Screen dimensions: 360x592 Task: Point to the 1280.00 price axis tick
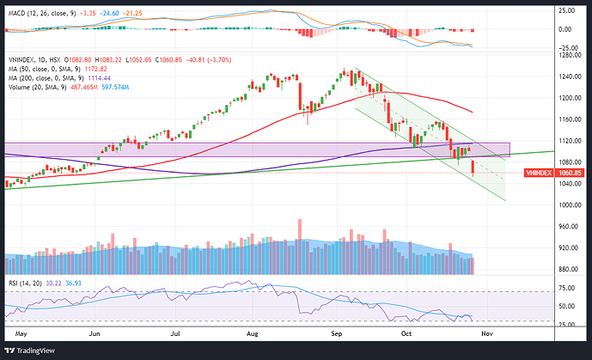567,56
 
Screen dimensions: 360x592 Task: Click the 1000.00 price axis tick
567,204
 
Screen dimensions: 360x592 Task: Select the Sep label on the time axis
337,331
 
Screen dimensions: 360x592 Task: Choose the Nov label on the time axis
486,331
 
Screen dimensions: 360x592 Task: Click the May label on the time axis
22,331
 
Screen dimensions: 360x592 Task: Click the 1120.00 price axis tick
567,141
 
